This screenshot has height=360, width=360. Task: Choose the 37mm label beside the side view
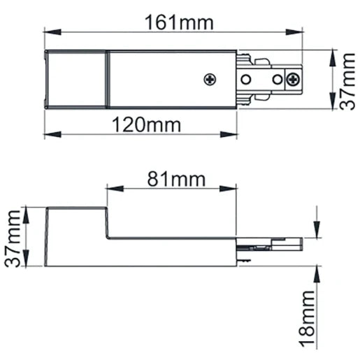point(13,237)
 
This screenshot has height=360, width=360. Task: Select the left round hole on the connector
point(246,79)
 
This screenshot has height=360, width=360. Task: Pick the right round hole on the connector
point(278,79)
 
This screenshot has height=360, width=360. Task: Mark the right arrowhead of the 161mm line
point(285,31)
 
